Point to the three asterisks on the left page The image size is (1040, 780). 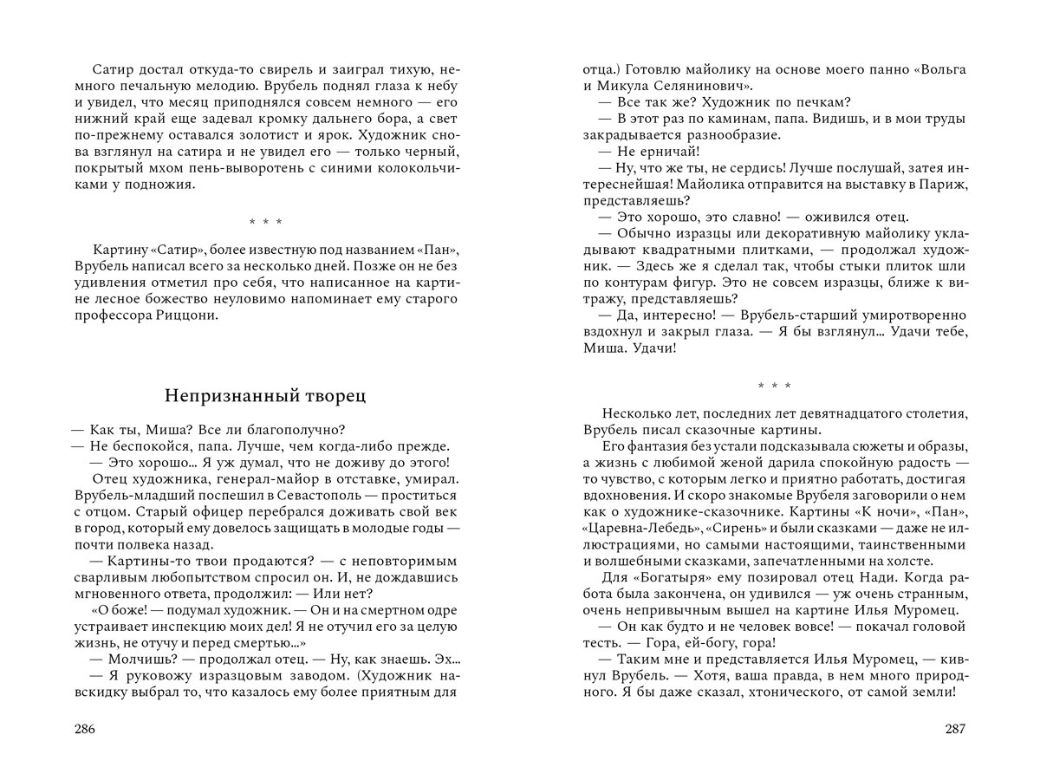tap(265, 223)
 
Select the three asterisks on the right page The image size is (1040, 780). tap(774, 386)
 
